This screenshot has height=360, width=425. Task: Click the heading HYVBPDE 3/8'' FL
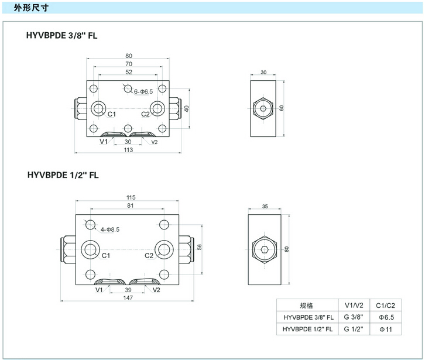[x=61, y=35]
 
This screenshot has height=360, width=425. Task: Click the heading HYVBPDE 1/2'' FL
[x=63, y=174]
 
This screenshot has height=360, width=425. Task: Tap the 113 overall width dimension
[x=128, y=150]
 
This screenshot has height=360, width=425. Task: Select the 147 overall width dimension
[x=128, y=297]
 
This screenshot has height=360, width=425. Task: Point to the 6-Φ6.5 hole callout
[x=143, y=92]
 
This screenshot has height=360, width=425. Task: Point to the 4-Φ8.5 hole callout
[x=109, y=229]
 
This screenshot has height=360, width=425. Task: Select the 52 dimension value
[x=128, y=73]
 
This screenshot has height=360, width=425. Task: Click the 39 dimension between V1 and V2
[x=128, y=289]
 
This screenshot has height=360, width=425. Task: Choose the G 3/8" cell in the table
[x=354, y=317]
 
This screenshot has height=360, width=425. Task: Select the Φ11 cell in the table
[x=386, y=329]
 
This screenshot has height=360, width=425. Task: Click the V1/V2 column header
[x=354, y=305]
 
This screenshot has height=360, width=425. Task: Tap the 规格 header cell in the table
[x=306, y=305]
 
